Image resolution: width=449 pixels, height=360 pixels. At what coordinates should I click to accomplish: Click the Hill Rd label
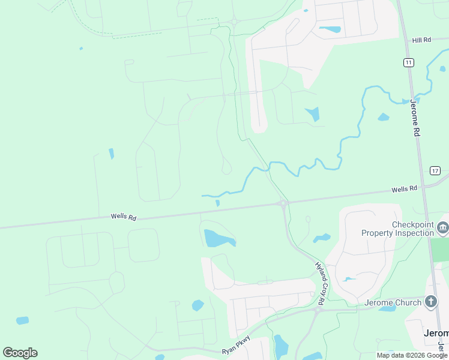click(x=421, y=40)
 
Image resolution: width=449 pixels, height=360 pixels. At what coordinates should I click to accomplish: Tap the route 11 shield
click(x=408, y=62)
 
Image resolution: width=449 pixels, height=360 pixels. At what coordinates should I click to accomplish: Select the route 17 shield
click(x=435, y=171)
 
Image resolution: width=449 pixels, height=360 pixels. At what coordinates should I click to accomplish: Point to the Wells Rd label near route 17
click(x=404, y=189)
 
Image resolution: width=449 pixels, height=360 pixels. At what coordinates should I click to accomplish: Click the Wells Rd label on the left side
click(x=123, y=217)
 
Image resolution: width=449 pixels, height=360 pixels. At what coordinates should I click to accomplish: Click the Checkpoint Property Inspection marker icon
click(x=443, y=227)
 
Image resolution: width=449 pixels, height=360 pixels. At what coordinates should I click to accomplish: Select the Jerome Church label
click(x=393, y=303)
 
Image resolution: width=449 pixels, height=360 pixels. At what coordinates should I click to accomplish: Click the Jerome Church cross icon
click(x=431, y=302)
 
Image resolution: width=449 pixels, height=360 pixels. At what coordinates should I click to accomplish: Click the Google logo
click(x=20, y=353)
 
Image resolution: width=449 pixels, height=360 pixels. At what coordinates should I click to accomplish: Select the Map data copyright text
click(x=412, y=355)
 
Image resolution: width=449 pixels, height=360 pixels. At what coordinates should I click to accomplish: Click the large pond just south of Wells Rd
click(x=217, y=239)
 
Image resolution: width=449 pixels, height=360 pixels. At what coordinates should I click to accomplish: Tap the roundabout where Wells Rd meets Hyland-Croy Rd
click(x=283, y=203)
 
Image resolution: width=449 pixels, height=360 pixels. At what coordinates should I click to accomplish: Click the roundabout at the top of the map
click(x=234, y=22)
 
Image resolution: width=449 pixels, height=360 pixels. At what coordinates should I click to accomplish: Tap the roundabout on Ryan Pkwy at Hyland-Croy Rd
click(x=316, y=311)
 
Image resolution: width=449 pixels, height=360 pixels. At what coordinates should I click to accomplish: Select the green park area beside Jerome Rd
click(x=440, y=250)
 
